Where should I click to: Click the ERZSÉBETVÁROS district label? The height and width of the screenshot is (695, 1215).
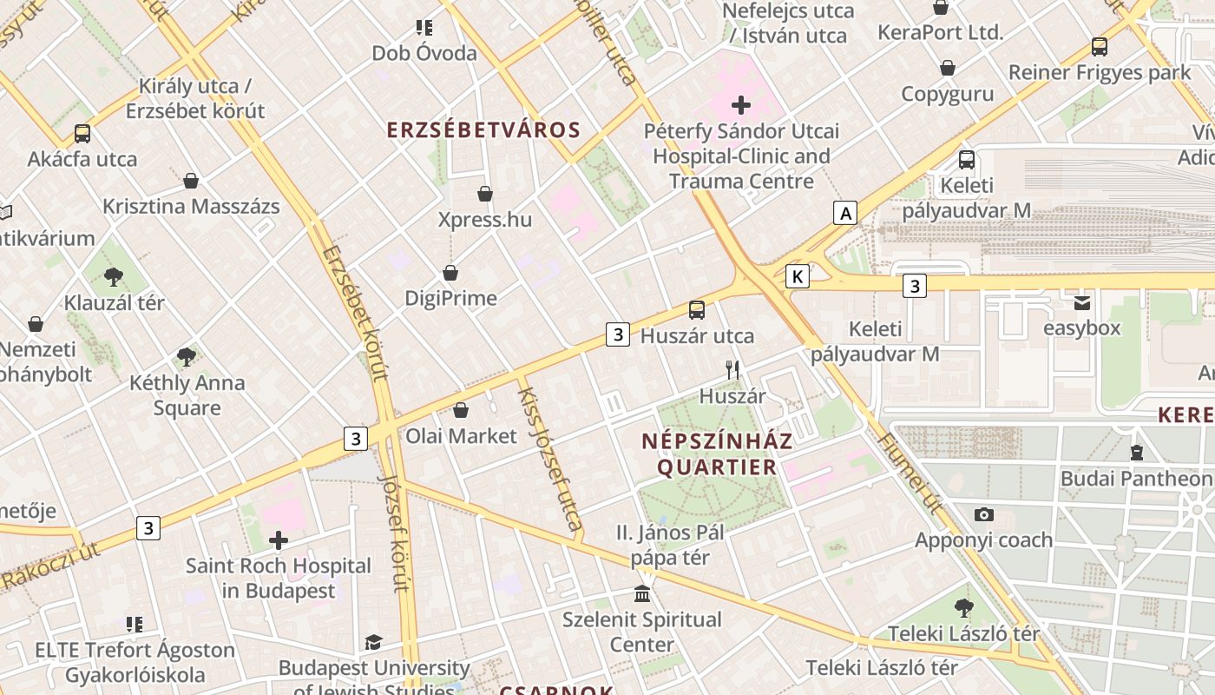[483, 130]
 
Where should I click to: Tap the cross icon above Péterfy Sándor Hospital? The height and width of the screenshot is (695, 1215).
[740, 106]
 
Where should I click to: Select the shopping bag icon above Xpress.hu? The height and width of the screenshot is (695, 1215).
[485, 194]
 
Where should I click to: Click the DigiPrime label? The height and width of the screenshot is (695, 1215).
[450, 298]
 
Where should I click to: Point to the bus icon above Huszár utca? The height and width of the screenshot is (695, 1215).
[697, 310]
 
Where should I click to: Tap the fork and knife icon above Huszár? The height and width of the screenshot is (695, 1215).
[732, 370]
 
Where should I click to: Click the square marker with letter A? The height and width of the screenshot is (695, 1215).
[844, 213]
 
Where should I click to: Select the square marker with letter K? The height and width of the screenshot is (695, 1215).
[797, 276]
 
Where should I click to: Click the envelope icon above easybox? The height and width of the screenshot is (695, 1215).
[1081, 302]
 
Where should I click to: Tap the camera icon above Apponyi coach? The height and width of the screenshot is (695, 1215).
[983, 514]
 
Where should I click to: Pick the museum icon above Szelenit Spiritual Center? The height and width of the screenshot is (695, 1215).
[642, 594]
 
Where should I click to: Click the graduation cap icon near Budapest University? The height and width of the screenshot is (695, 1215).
[373, 642]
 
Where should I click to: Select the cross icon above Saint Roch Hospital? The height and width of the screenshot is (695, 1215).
[278, 540]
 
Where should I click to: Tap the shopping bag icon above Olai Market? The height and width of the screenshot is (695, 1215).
[461, 410]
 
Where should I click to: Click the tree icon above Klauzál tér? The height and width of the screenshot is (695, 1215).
[113, 277]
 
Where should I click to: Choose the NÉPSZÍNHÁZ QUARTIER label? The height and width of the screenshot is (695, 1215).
[717, 454]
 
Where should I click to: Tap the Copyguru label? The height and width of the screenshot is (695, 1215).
[947, 94]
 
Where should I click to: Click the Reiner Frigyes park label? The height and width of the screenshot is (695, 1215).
[1100, 72]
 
